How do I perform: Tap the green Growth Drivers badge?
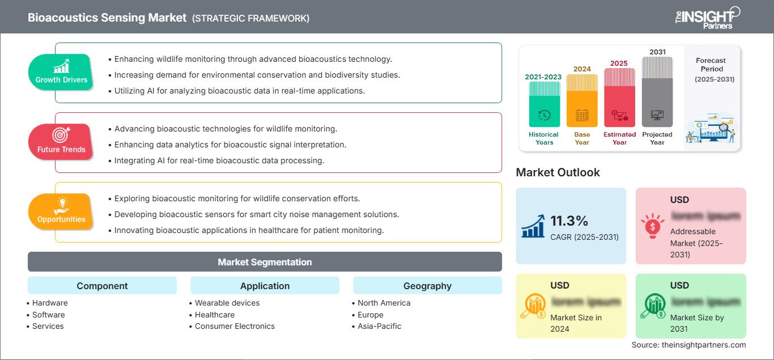[61, 71]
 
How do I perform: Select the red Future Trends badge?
[61, 141]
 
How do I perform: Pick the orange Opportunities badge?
[61, 211]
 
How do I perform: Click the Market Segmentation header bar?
[265, 262]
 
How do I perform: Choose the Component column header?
[102, 286]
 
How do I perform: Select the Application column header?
[265, 286]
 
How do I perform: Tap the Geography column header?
[427, 286]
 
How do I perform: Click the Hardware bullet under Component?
[50, 303]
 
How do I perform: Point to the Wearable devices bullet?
[227, 303]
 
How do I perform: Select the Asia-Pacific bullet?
[379, 326]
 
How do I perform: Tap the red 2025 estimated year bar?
[619, 97]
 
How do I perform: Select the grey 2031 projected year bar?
[657, 92]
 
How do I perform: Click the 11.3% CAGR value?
[569, 222]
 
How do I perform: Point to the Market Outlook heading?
[558, 172]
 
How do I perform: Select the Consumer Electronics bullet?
[235, 326]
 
